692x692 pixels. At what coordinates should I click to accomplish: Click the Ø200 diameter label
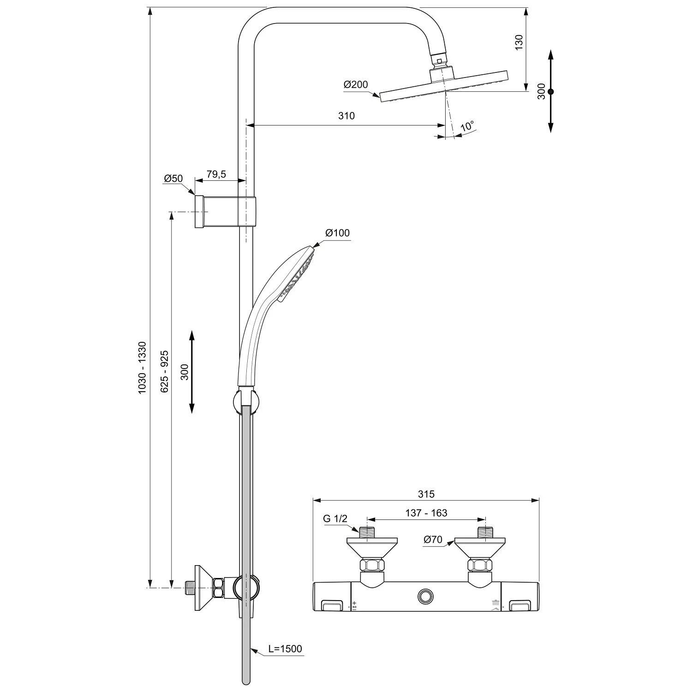point(355,84)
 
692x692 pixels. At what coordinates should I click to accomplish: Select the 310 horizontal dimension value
point(346,116)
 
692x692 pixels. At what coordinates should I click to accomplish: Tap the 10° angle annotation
point(467,126)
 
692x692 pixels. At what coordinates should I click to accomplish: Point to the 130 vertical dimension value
point(519,42)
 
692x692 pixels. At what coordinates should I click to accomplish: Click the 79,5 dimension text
point(216,174)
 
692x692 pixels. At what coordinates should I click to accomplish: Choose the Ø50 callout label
point(173,179)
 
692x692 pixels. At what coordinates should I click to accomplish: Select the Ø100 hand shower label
point(337,233)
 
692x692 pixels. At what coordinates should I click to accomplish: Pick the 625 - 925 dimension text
point(164,371)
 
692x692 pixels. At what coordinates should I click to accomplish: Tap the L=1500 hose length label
point(285,649)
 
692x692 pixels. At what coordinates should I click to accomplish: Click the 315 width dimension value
point(426,494)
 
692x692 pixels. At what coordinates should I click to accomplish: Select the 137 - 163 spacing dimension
point(426,513)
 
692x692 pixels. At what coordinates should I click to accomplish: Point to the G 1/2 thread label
point(335,519)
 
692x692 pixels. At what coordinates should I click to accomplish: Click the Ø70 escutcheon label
point(433,539)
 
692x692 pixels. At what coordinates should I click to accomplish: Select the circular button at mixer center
point(426,597)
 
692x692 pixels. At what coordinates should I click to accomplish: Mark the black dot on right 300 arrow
point(550,92)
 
